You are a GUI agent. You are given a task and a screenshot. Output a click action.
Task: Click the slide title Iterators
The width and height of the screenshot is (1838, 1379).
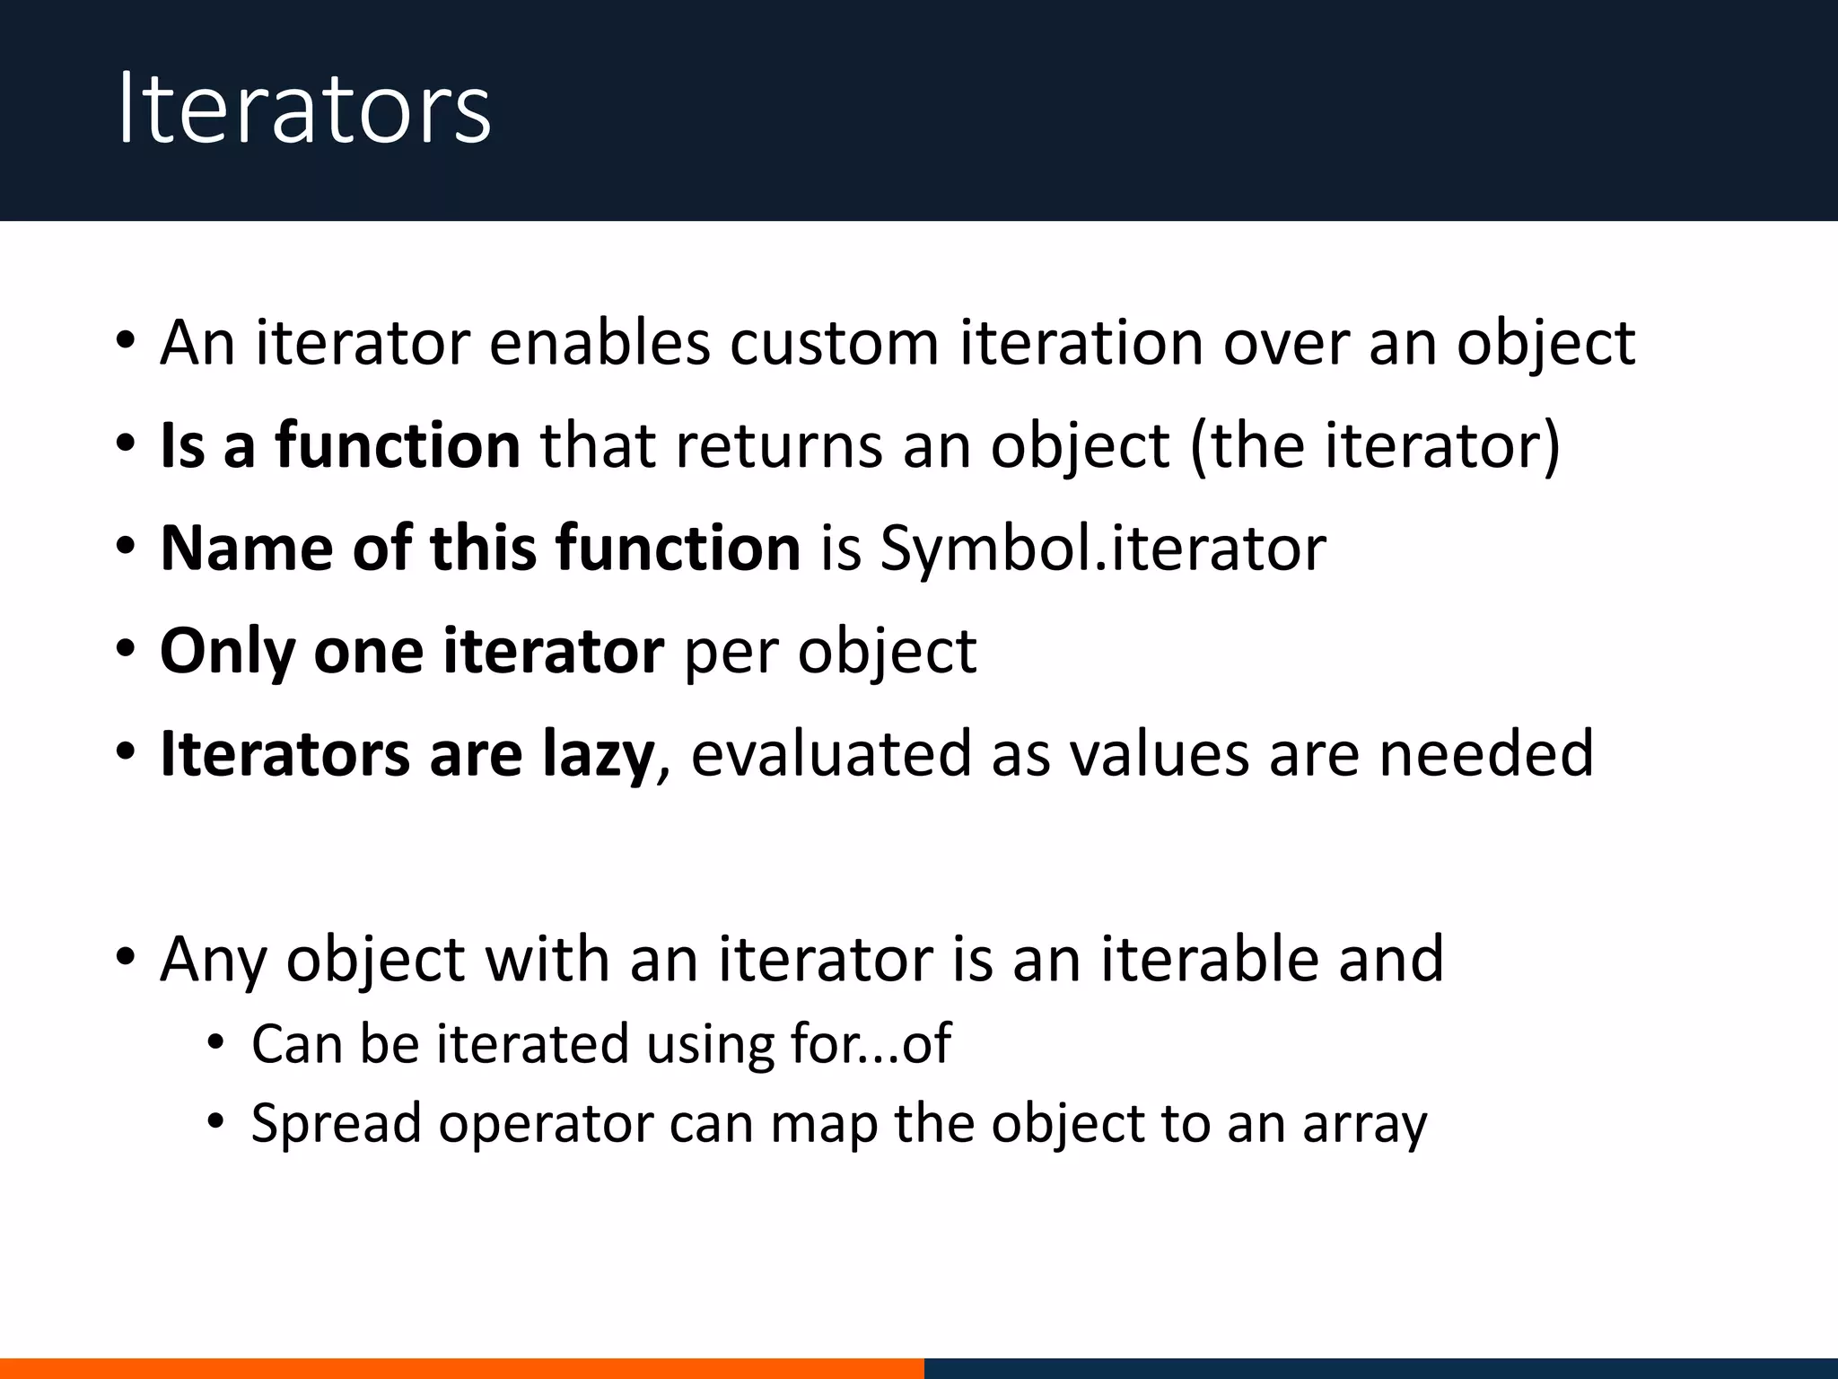click(303, 110)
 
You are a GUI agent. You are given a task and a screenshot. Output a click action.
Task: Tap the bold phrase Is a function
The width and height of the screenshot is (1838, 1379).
click(339, 445)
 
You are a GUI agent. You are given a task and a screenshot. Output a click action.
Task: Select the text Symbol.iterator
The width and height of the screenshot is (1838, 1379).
click(1102, 548)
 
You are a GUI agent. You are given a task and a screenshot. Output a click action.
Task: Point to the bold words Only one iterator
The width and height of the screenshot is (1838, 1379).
click(411, 650)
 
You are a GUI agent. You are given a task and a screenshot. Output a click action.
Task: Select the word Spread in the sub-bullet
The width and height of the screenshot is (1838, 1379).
click(336, 1124)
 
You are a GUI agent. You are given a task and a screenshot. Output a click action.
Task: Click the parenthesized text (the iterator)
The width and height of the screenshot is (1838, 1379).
click(1375, 445)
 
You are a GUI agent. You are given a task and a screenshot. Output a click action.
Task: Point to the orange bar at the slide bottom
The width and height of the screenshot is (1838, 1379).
click(461, 1368)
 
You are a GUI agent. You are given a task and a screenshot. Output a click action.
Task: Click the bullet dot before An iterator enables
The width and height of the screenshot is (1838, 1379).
click(126, 343)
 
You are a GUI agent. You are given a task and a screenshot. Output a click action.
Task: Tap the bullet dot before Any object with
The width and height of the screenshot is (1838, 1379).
click(126, 959)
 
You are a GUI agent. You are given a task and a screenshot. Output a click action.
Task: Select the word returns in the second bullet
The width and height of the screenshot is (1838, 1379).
click(778, 445)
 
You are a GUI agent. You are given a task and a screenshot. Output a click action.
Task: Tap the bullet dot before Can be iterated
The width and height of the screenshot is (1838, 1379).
click(214, 1043)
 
